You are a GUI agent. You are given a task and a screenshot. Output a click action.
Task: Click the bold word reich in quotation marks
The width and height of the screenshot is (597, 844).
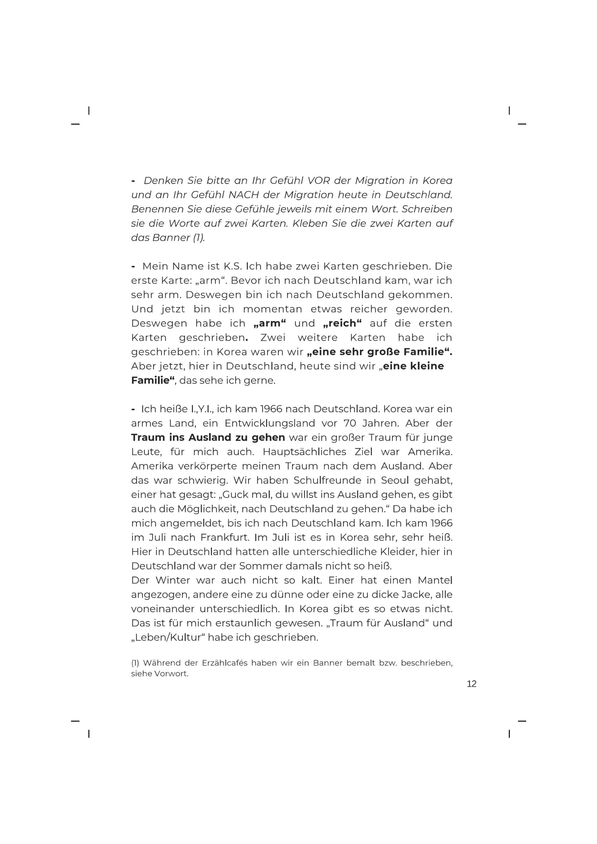point(342,323)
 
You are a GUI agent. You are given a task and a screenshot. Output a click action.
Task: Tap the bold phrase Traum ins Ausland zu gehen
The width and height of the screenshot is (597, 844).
point(208,437)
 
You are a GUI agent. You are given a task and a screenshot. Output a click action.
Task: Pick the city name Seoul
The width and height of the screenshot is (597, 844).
point(395,480)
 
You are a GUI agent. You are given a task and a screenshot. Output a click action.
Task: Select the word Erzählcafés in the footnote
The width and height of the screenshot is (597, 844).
point(224,663)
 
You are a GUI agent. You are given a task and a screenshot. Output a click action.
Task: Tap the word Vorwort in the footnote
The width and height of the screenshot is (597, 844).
point(172,674)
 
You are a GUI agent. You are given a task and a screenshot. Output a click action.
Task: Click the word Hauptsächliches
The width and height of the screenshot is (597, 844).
point(304,451)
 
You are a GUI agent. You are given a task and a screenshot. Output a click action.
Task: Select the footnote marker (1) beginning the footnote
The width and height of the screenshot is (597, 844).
point(135,663)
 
